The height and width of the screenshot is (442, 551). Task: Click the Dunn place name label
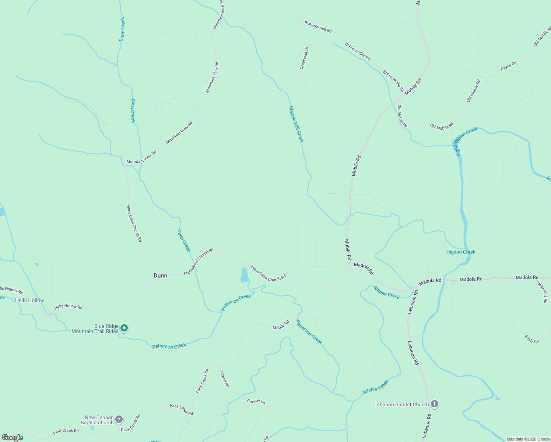(x=160, y=276)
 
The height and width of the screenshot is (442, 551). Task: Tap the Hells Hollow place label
(x=29, y=300)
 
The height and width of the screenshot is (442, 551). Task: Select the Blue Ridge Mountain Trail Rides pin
(x=124, y=328)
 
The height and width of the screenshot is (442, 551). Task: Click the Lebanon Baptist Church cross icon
(x=435, y=404)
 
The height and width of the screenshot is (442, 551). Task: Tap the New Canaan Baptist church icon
(x=119, y=419)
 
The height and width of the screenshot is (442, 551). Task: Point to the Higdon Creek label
(x=461, y=252)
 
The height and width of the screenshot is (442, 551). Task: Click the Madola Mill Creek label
(x=296, y=124)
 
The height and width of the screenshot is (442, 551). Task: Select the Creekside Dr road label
(x=304, y=58)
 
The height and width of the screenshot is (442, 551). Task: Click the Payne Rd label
(x=508, y=66)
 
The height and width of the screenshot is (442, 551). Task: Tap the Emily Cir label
(x=532, y=339)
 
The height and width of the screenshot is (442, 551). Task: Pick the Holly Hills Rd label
(x=543, y=292)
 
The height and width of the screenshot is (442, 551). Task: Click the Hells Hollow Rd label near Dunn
(x=69, y=307)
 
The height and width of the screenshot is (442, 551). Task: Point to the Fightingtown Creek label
(x=467, y=141)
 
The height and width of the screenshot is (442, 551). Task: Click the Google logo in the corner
(x=13, y=438)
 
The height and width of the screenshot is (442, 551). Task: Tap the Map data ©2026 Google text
(x=528, y=439)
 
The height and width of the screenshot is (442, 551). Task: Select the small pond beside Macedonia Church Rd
(x=245, y=275)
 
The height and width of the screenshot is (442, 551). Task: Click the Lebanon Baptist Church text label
(x=401, y=404)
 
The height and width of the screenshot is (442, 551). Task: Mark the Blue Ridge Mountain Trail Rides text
(x=95, y=329)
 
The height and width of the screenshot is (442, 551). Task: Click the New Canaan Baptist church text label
(x=97, y=420)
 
